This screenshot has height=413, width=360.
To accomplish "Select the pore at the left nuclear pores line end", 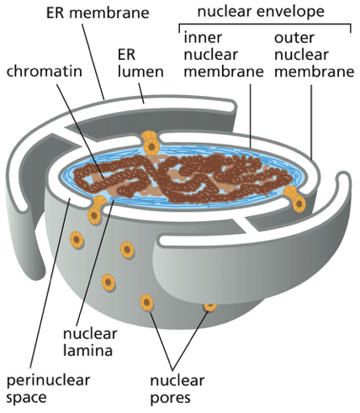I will tap(147, 299).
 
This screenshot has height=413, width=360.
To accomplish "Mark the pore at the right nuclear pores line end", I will tap(209, 304).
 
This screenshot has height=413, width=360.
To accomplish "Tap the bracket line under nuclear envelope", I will tap(265, 24).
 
